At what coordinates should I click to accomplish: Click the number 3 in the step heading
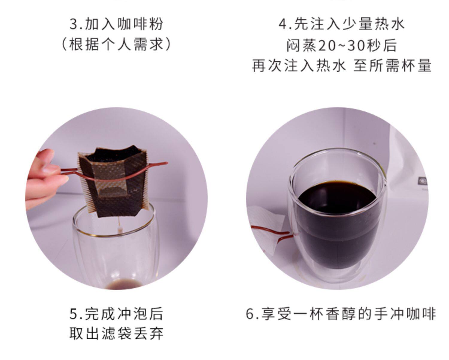pos(74,24)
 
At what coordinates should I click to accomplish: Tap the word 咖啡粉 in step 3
pos(140,24)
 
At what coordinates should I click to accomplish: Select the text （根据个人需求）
pos(116,45)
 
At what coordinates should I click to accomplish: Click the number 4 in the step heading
pos(283,24)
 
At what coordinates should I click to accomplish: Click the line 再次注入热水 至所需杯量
pos(342,66)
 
